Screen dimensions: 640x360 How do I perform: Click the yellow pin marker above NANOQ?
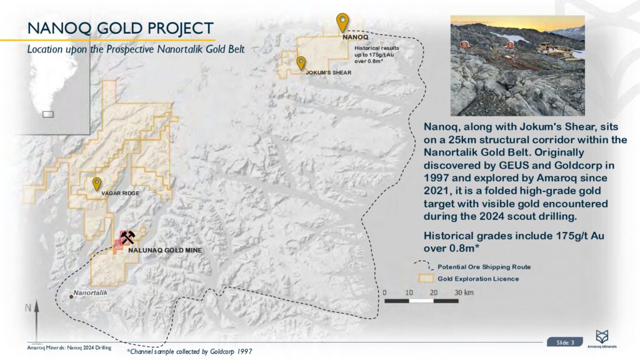click(342, 22)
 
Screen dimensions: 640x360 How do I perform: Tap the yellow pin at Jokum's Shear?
click(301, 63)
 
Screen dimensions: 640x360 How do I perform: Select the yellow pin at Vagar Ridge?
click(97, 184)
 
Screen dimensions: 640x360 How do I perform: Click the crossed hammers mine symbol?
click(127, 237)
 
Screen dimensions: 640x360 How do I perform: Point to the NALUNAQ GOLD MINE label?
click(165, 250)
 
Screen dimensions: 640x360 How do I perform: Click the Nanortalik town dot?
click(71, 297)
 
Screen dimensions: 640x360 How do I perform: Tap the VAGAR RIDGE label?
click(120, 193)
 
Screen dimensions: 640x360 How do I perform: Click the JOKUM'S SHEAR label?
click(329, 72)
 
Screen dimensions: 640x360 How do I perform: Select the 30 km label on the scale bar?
click(464, 292)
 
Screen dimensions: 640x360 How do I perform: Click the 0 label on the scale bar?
click(384, 292)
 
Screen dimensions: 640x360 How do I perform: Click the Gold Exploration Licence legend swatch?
click(426, 278)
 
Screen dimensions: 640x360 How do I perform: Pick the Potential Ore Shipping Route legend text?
click(484, 267)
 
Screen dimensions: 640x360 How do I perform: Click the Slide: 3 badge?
click(565, 342)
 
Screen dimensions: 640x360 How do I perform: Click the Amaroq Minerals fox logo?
click(602, 337)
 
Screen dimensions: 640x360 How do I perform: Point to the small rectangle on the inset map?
click(48, 114)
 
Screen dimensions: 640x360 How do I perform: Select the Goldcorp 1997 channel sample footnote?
click(189, 351)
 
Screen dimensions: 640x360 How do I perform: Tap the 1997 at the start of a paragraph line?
click(436, 178)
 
